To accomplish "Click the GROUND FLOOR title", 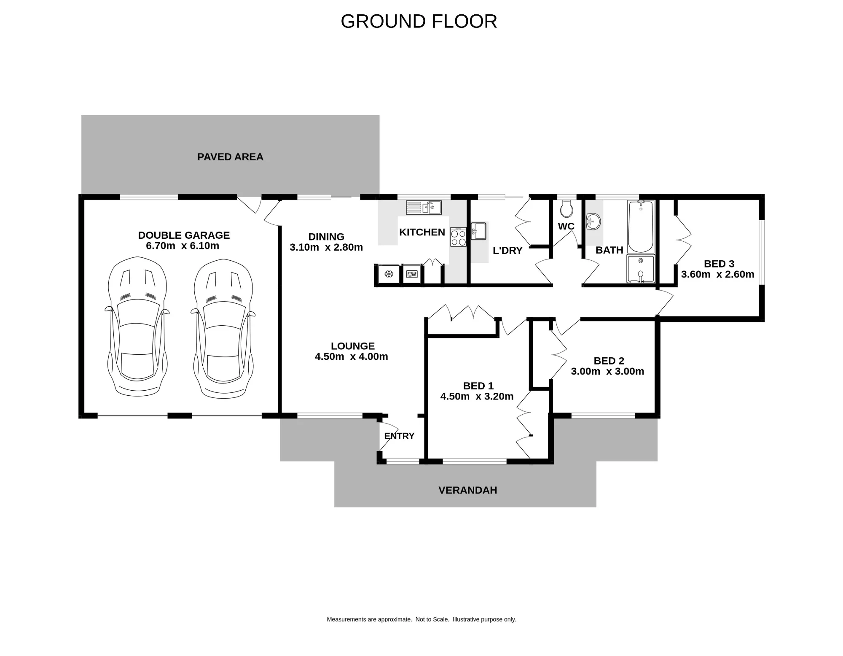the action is point(419,22).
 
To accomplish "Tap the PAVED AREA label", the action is point(230,157).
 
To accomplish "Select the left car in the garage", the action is point(137,327).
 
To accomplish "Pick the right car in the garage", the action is point(223,328).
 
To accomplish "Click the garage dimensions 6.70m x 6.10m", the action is point(183,246).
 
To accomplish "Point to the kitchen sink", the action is point(424,208).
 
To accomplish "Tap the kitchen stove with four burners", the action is point(458,237).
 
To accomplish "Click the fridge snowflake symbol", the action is point(389,274).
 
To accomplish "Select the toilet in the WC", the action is point(566,209).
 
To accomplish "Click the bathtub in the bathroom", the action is point(641,227).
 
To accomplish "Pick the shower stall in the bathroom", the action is point(641,268).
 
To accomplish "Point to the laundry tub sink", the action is point(479,231).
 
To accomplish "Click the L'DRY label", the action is point(507,251).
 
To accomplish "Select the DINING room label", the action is point(326,237).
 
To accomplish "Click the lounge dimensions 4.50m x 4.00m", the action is point(352,357).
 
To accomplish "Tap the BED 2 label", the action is point(609,361).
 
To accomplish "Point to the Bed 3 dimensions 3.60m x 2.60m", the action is point(718,275).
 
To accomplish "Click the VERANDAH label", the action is point(468,490).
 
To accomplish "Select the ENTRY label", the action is point(399,436).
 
